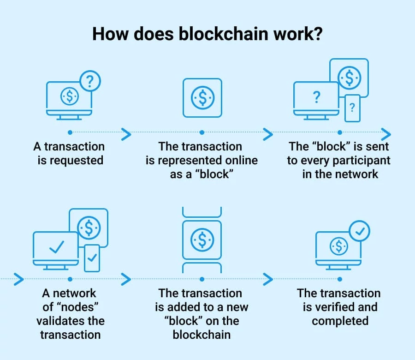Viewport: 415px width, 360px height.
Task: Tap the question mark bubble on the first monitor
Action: click(x=90, y=81)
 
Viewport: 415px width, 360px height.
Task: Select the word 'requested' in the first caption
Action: click(x=77, y=161)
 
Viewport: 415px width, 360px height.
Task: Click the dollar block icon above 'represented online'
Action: click(x=202, y=97)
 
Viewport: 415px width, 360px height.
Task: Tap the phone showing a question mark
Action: click(x=352, y=108)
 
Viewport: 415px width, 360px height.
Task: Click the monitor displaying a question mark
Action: click(x=316, y=98)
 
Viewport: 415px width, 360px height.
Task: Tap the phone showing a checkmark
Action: click(x=92, y=258)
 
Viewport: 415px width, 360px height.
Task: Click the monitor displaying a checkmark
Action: click(x=56, y=248)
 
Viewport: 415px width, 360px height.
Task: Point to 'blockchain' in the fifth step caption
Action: click(x=202, y=335)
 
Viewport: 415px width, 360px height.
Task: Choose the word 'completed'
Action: click(x=340, y=321)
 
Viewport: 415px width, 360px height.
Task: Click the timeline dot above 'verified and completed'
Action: click(x=340, y=279)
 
